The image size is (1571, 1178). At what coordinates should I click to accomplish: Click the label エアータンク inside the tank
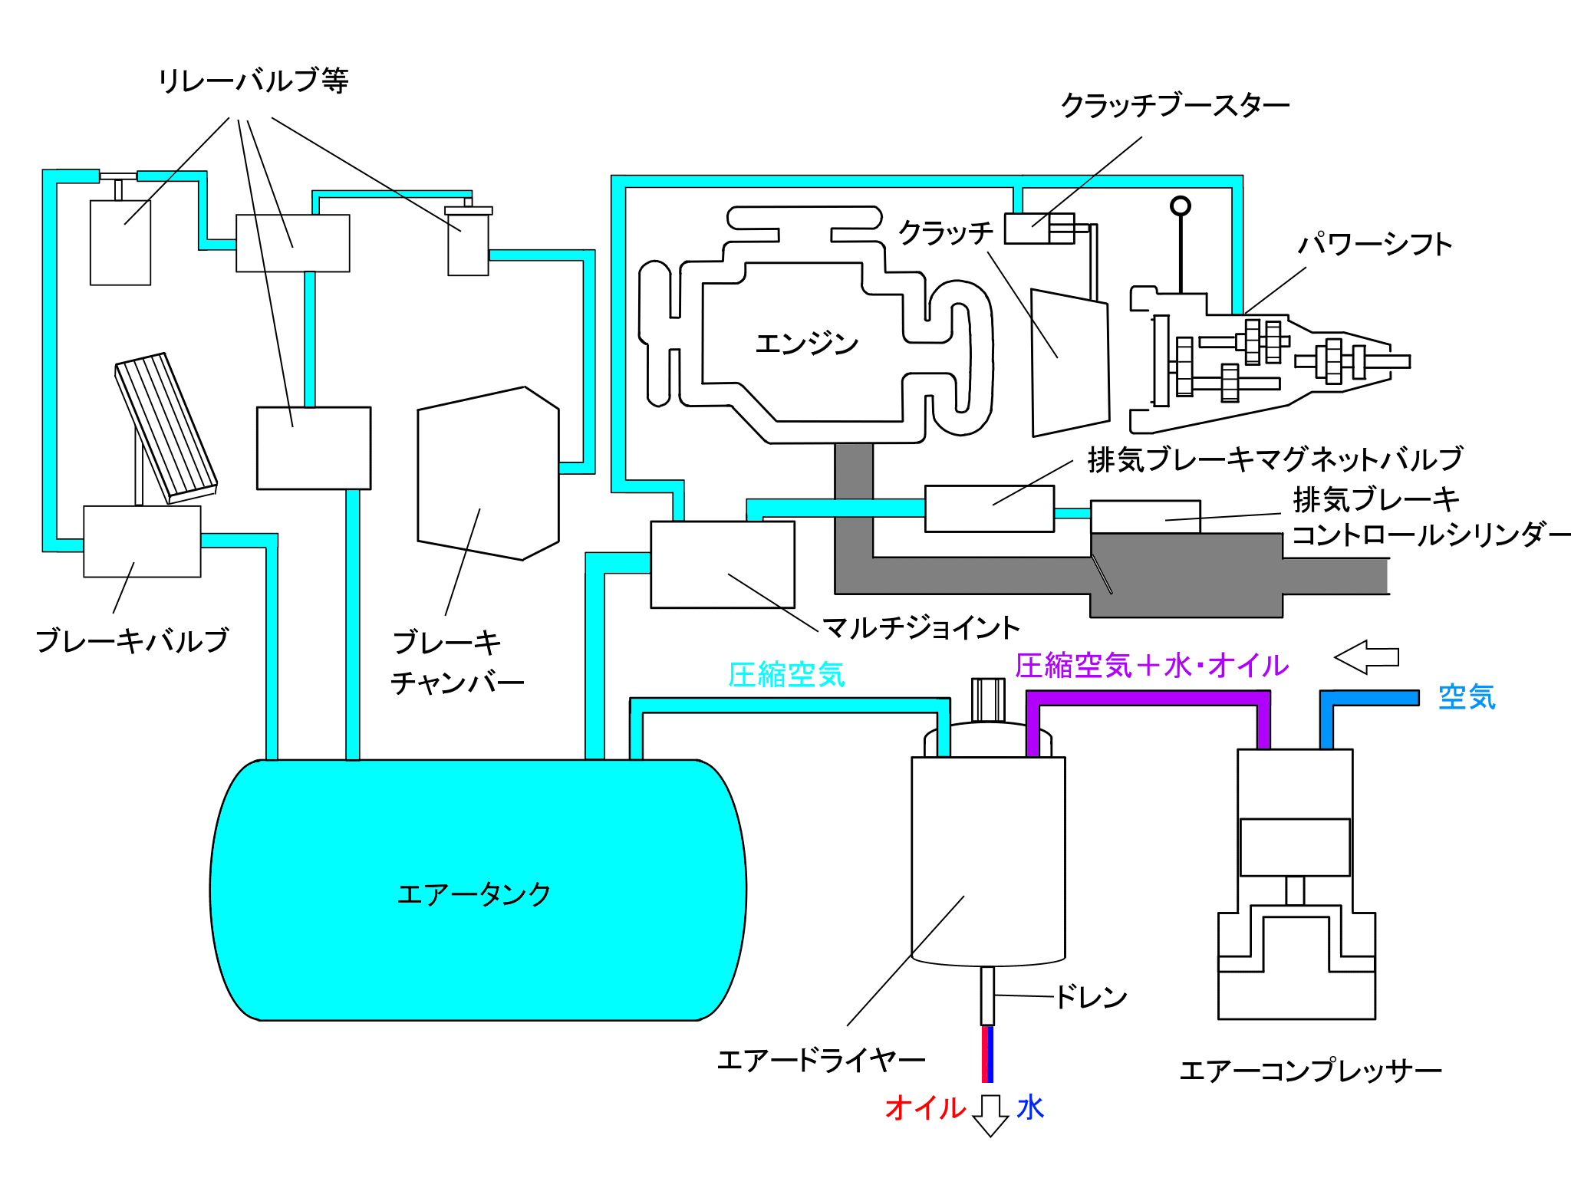point(473,894)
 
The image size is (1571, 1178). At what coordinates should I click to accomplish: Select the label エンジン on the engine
point(806,344)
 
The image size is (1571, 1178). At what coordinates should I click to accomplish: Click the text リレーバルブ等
point(253,81)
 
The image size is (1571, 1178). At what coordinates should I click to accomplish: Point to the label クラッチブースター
point(1174,105)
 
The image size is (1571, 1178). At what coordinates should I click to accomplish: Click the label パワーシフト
point(1375,245)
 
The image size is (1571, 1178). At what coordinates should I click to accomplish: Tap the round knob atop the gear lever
point(1180,206)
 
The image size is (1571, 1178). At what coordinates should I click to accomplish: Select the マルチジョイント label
point(921,628)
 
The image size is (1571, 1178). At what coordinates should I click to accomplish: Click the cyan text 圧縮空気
point(786,675)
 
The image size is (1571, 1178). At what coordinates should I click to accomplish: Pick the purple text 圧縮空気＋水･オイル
point(1151,666)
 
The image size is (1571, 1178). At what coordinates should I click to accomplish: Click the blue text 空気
point(1467,697)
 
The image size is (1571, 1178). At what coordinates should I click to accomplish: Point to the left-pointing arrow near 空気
point(1366,657)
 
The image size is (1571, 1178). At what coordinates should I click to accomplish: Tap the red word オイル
point(925,1108)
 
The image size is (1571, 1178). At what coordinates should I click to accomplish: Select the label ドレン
point(1091,997)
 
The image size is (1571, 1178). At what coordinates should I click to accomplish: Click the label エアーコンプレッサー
point(1310,1071)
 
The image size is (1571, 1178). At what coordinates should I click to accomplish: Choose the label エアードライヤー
point(821,1061)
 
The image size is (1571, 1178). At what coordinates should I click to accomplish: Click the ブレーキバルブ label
point(132,640)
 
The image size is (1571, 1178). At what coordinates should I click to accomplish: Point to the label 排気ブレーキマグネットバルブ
point(1275,459)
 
